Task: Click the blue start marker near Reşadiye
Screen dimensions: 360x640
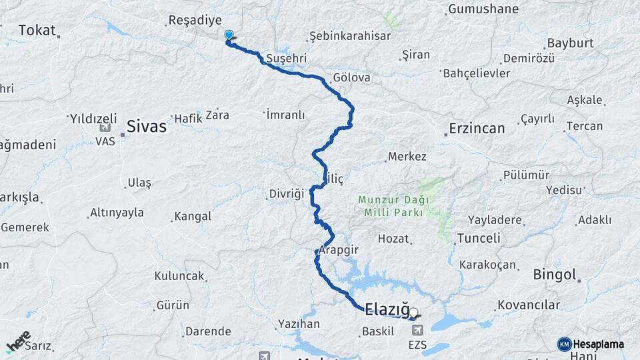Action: pos(229,35)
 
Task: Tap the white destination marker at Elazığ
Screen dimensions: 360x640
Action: pos(413,312)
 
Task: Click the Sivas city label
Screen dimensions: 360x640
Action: pos(147,126)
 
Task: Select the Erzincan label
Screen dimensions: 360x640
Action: pos(477,128)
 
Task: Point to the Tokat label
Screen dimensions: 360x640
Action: pos(37,30)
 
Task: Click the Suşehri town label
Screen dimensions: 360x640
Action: pos(286,59)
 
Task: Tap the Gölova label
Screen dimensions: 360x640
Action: pos(353,77)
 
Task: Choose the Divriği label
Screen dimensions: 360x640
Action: pos(286,193)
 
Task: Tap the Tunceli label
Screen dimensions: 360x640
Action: pos(479,238)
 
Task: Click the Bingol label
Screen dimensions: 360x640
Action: pos(554,274)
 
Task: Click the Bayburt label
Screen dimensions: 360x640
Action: pos(570,43)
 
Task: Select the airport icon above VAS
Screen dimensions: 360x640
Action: pos(105,128)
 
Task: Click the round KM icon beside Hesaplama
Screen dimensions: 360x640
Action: pos(564,344)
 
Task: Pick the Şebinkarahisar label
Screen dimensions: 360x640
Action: pos(350,36)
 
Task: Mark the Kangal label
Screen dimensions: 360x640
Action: pos(193,217)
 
